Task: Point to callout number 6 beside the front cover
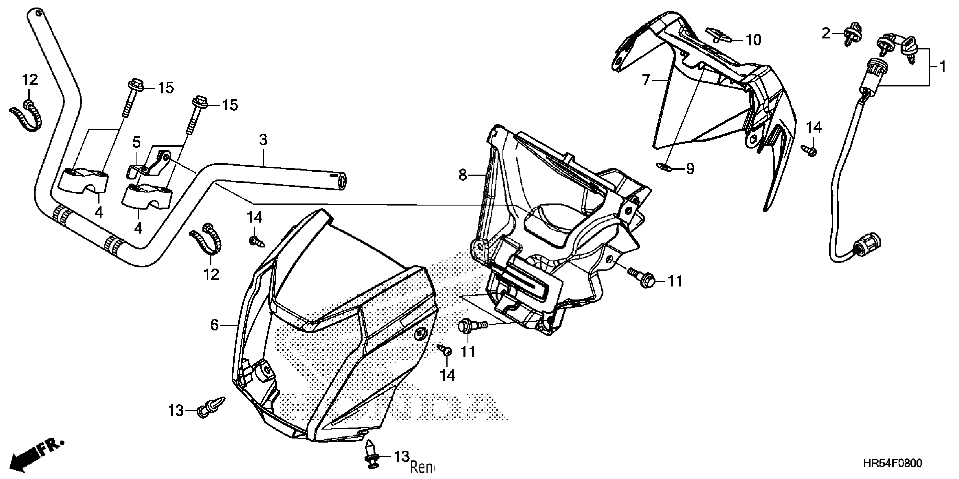click(214, 325)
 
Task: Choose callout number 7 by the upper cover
click(646, 79)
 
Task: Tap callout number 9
click(690, 169)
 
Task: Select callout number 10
click(753, 40)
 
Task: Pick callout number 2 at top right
click(826, 34)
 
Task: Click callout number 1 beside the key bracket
click(942, 67)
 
